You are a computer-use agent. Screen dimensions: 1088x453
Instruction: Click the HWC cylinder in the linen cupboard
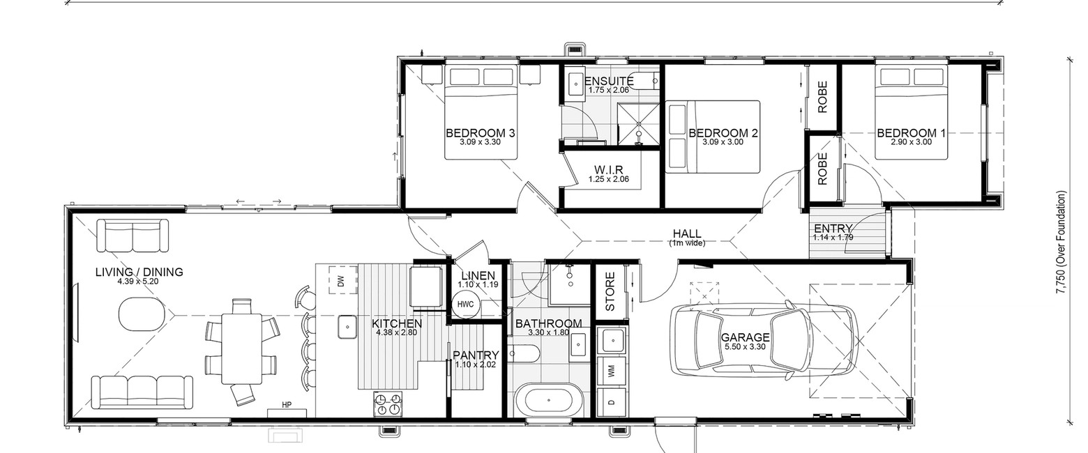point(465,305)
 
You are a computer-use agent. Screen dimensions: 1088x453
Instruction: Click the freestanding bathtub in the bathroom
point(548,401)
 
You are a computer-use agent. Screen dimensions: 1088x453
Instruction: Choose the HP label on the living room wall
point(287,404)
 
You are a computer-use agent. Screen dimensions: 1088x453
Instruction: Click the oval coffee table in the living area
point(142,314)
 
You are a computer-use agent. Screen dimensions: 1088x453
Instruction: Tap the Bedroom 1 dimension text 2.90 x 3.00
point(911,142)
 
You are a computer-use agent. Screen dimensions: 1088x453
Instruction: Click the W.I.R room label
point(609,170)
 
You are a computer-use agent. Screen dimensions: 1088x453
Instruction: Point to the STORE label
point(610,291)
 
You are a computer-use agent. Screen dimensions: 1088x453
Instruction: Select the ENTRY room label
point(833,228)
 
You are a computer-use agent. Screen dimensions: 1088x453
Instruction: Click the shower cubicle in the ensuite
point(638,123)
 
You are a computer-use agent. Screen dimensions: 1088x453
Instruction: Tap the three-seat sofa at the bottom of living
point(142,392)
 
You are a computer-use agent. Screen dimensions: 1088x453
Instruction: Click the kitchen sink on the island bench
point(347,327)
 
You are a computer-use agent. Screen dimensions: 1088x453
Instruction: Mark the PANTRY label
point(476,355)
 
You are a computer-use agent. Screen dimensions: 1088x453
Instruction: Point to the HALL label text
point(687,233)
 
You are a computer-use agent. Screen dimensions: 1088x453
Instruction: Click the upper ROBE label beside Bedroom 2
point(822,97)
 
